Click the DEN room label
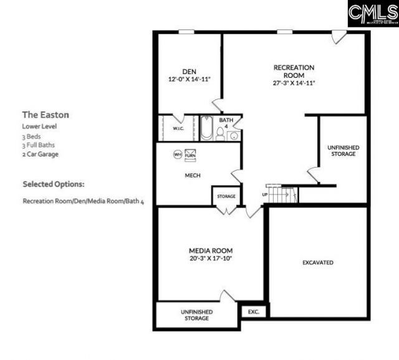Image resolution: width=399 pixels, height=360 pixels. coord(189,71)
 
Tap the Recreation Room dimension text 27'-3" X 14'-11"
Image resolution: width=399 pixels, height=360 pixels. coord(294,83)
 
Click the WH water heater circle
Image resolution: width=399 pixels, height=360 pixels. coord(177,154)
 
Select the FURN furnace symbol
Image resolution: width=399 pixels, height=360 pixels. coord(190,154)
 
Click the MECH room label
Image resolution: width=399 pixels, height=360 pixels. coord(192,176)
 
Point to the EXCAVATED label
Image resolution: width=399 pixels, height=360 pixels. coord(318,262)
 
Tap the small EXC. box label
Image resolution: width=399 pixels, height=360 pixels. coord(253,311)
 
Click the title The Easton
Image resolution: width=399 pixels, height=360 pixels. coord(46,115)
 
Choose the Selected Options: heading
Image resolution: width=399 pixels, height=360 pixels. coord(54,184)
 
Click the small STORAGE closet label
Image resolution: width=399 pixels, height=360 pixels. coord(226,196)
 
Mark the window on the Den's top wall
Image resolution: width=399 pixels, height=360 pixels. coord(186,32)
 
